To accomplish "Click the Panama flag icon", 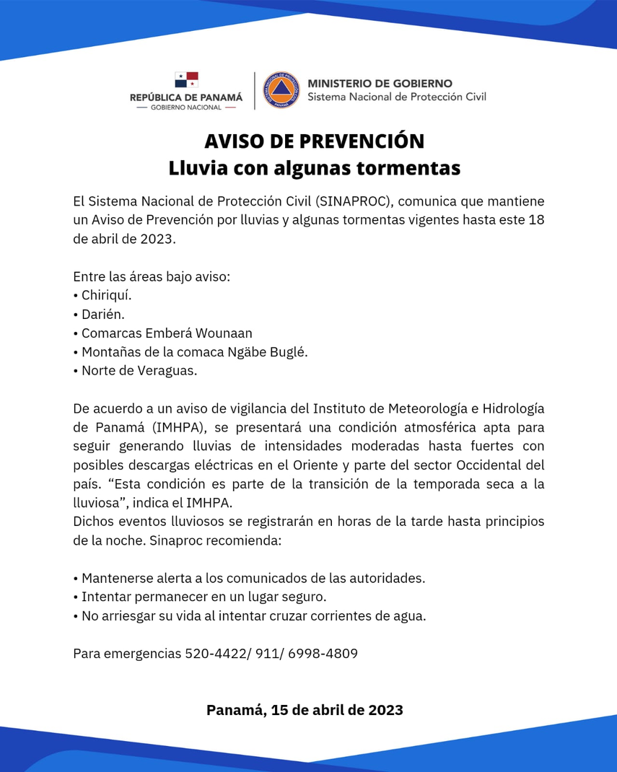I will (186, 80).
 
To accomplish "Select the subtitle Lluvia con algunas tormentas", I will (314, 168).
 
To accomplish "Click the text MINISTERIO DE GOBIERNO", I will (380, 84).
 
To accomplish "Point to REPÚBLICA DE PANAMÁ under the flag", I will (186, 97).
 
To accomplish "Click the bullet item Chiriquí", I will (106, 296).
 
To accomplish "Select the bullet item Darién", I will (103, 315).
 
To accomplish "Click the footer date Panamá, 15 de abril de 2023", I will (305, 709).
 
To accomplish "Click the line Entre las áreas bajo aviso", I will (152, 276).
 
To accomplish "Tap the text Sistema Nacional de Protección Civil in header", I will (397, 97).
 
